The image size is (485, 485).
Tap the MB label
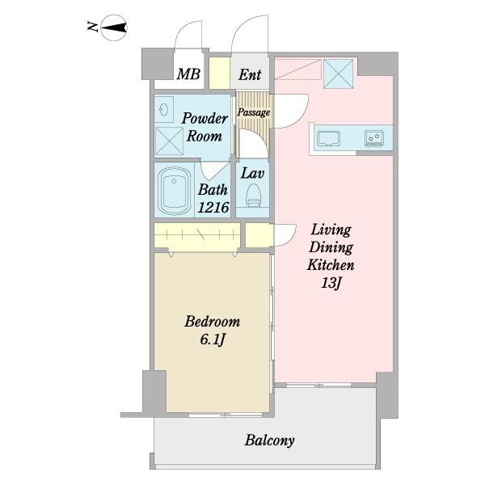pos(188,74)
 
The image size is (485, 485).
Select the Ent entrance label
pos(250,74)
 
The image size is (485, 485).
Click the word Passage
pos(254,112)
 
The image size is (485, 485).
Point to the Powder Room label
pos(205,127)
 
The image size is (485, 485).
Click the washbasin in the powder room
pos(163,109)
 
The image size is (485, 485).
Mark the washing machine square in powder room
pos(169,141)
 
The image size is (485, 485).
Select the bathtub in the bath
pos(174,190)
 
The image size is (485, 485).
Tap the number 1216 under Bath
pos(213,208)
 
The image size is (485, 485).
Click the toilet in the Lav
pos(253,195)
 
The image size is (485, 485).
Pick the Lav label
pos(252,173)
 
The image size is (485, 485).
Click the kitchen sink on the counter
pos(328,138)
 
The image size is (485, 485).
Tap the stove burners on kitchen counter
pos(374,138)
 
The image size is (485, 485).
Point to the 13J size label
pos(331,283)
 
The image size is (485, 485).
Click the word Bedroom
pos(212,322)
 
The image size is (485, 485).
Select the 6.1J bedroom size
pos(212,340)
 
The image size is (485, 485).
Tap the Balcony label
pos(269,441)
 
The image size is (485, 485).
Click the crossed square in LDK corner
pos(339,74)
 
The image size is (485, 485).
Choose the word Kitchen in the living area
pos(331,265)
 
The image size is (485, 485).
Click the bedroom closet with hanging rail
pos(197,235)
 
